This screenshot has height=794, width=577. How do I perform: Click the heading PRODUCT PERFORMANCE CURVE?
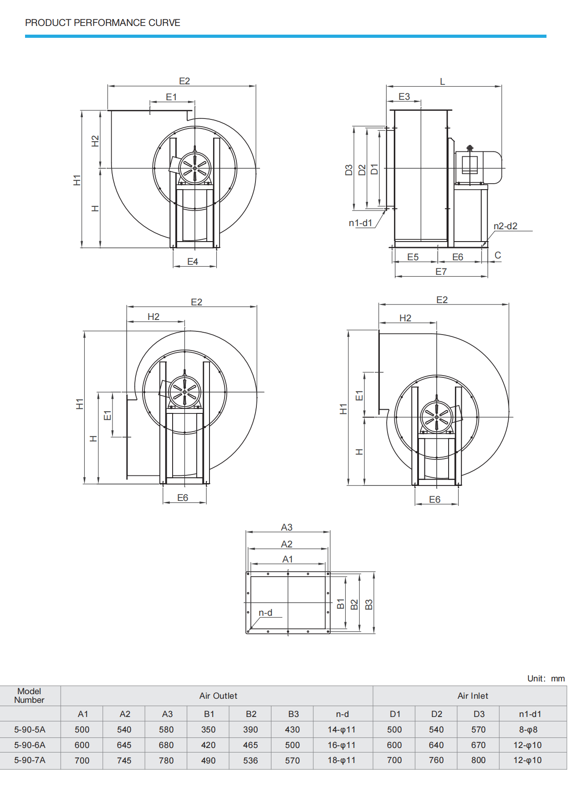point(102,23)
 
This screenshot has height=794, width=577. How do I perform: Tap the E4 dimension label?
point(193,262)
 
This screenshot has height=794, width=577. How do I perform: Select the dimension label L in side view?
point(442,82)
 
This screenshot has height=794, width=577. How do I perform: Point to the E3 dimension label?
point(404,97)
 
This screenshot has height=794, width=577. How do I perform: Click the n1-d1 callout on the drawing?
point(360,223)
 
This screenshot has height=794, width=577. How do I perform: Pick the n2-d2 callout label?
point(506,226)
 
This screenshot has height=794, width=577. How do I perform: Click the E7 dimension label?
point(441,272)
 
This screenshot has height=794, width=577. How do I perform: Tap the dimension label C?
point(498,255)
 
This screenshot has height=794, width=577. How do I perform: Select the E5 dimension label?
point(413,257)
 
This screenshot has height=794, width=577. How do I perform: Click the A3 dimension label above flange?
point(286,527)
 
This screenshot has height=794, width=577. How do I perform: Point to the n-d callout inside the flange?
point(266,613)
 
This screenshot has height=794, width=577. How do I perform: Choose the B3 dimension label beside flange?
point(369,604)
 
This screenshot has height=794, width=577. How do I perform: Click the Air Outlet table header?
point(218,696)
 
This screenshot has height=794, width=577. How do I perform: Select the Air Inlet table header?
point(473,696)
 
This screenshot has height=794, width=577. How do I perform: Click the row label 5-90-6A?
point(30,745)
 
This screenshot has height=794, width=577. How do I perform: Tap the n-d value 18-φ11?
point(342,760)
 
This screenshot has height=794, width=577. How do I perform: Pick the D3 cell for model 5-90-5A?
point(478,730)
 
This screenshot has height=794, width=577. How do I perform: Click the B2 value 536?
point(250,760)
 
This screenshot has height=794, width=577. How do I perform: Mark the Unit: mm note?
point(546,679)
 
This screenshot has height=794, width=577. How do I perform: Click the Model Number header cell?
point(29,696)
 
